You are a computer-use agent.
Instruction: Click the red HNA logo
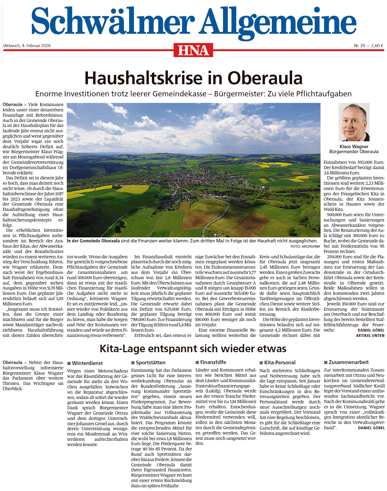pos(193,50)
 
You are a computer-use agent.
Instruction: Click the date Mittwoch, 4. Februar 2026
pos(27,46)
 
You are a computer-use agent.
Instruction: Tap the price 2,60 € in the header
pos(377,46)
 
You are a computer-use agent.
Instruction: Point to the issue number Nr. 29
pos(359,46)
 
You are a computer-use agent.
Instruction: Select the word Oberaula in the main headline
pos(265,78)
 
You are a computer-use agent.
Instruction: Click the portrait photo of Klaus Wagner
pos(354,122)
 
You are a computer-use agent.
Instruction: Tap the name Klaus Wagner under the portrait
pos(354,147)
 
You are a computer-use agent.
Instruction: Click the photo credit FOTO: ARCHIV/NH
pos(305,246)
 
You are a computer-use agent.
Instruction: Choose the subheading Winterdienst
pos(87,363)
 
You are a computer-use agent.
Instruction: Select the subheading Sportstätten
pos(151,363)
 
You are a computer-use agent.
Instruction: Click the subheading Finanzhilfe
pos(213,362)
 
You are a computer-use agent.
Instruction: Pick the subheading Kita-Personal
pos(280,362)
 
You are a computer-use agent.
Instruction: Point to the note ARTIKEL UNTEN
pos(370,335)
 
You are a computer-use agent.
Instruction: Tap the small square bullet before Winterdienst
pos(69,363)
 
